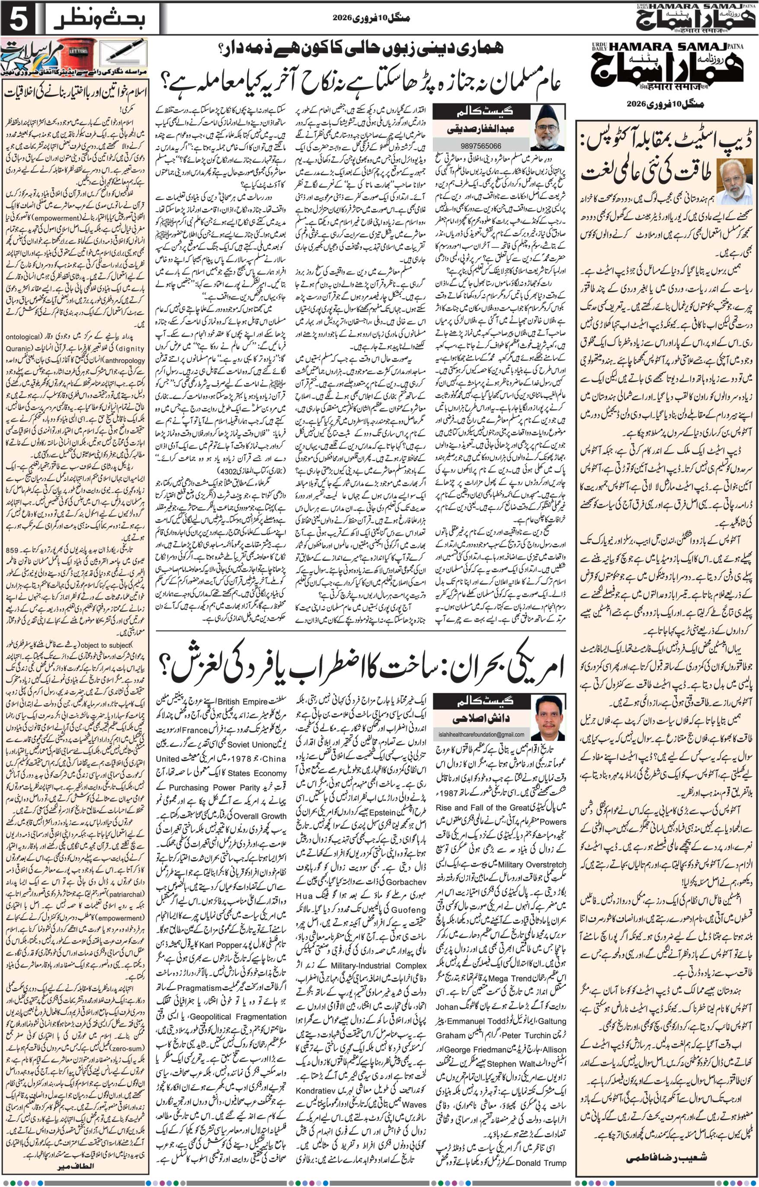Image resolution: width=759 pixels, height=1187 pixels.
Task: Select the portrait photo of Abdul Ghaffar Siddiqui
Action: coord(548,127)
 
